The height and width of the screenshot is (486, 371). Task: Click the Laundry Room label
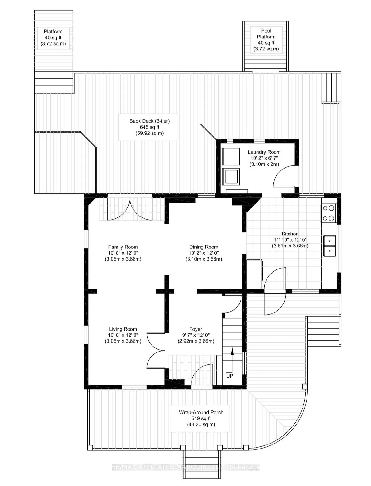(264, 152)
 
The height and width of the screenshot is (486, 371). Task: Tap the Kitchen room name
(290, 234)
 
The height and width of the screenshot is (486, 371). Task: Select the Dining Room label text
(204, 247)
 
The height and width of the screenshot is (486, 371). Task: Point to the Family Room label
(123, 247)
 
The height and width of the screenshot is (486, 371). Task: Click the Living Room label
(123, 329)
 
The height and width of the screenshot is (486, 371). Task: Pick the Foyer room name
(196, 329)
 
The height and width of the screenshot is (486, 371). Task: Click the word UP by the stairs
(229, 376)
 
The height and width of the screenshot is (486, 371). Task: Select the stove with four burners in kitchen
(329, 213)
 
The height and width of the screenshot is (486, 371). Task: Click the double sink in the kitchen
(329, 246)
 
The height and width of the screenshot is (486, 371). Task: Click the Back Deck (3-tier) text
(149, 121)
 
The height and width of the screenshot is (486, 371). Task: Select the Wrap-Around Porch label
(201, 412)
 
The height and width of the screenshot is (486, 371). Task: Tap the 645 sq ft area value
(149, 127)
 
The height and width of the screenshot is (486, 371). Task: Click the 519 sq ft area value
(201, 418)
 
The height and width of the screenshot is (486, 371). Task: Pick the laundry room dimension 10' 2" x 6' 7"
(264, 158)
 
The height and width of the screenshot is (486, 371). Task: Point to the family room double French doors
(130, 209)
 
